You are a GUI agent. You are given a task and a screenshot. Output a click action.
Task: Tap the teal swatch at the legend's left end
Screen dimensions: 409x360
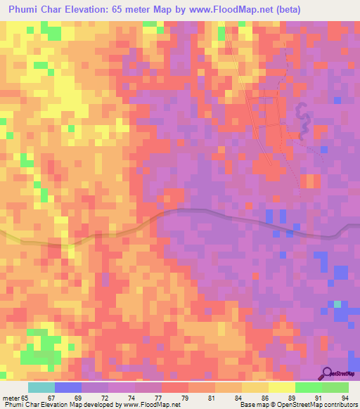coord(41,387)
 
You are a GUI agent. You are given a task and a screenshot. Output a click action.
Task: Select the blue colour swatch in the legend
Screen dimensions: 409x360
coord(68,387)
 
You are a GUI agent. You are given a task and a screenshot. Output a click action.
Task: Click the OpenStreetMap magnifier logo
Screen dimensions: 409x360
coord(328,374)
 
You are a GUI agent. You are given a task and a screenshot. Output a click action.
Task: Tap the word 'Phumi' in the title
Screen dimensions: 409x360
coord(25,9)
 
